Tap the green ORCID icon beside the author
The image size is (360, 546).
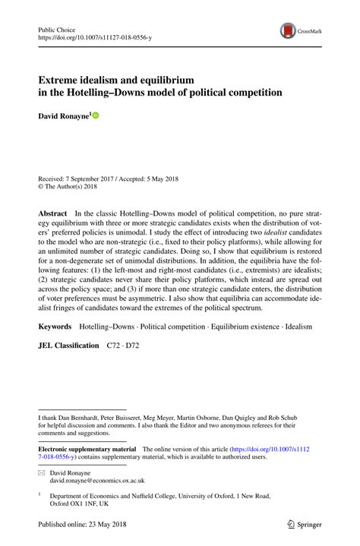(x=96, y=115)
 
